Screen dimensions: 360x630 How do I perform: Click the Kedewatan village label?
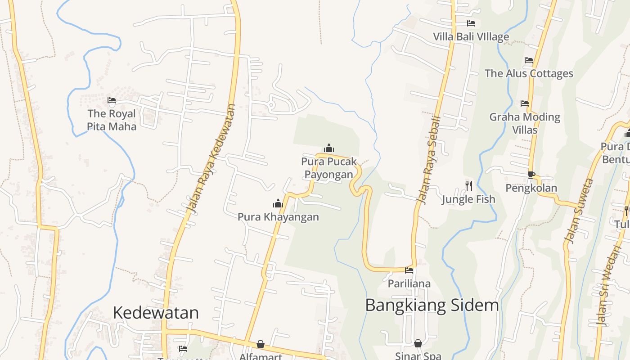click(x=156, y=312)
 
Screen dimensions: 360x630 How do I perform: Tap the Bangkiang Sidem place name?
click(x=432, y=305)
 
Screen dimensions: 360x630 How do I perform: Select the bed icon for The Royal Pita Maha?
click(x=112, y=100)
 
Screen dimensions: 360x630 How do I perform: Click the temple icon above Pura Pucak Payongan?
click(x=329, y=148)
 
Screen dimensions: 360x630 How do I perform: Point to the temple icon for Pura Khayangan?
click(x=278, y=203)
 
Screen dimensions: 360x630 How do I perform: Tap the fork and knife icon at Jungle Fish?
click(x=468, y=185)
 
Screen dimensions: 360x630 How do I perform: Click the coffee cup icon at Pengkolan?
click(x=531, y=175)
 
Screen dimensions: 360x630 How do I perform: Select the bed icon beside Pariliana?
click(x=409, y=270)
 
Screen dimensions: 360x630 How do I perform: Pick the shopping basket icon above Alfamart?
click(x=261, y=344)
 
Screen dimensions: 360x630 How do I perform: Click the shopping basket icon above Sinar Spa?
click(x=418, y=343)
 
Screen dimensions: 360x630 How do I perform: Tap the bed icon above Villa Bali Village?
click(x=471, y=23)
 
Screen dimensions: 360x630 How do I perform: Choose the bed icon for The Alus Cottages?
click(x=529, y=60)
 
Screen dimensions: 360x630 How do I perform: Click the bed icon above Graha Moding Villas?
click(x=525, y=103)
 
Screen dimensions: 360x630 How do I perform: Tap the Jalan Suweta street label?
click(x=579, y=211)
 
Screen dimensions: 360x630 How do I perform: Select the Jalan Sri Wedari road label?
click(x=608, y=285)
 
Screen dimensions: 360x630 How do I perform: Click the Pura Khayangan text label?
click(x=278, y=217)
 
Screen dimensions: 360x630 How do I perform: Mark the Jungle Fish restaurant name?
click(x=468, y=199)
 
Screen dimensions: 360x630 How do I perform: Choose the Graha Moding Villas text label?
click(x=525, y=123)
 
